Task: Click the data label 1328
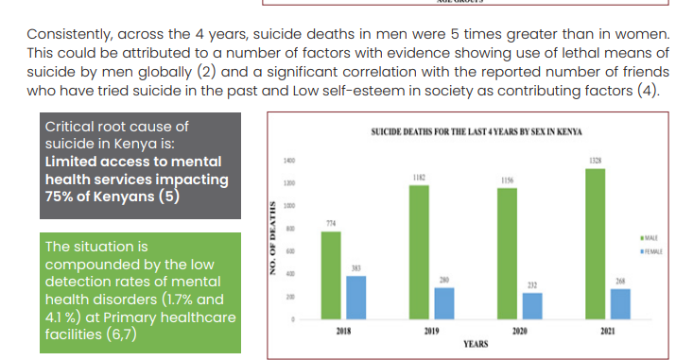596,163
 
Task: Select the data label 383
356,269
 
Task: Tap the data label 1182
418,179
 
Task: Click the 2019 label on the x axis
430,334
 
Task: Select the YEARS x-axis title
476,346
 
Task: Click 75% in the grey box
61,196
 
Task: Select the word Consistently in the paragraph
73,34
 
